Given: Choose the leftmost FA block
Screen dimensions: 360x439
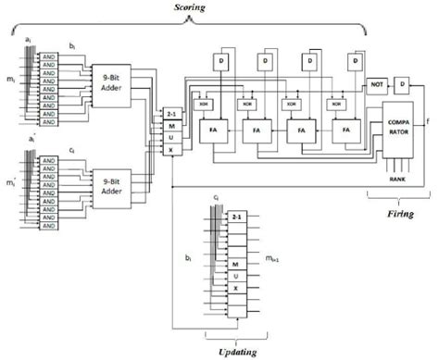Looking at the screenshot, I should (210, 131).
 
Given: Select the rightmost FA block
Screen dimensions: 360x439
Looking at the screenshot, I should (347, 131).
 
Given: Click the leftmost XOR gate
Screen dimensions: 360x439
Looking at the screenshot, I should (202, 105).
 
